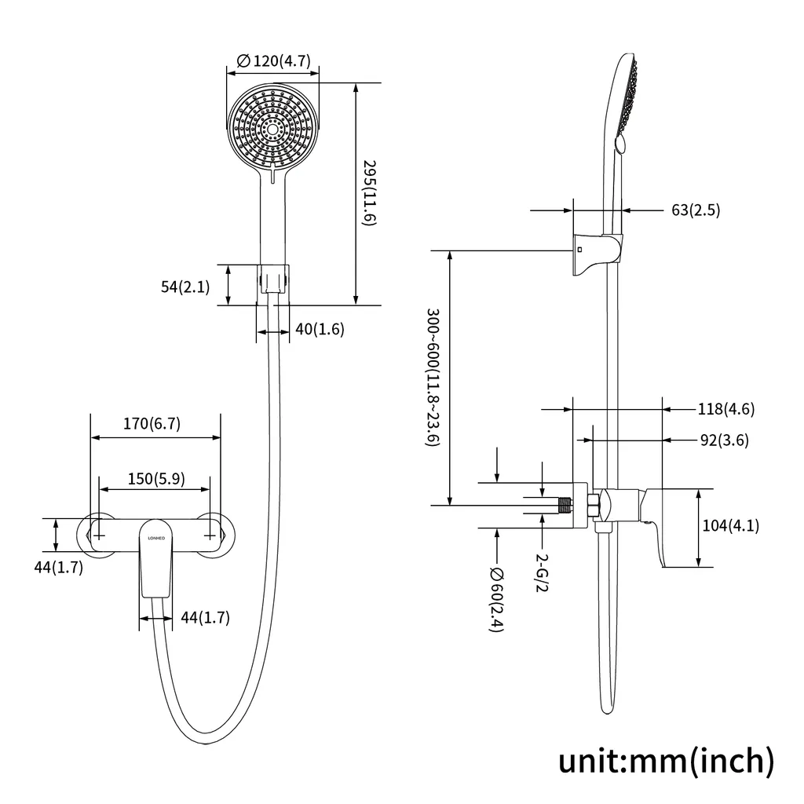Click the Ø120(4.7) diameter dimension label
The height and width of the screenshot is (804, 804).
272,60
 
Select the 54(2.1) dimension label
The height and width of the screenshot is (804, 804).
185,287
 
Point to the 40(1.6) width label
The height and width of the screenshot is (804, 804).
320,330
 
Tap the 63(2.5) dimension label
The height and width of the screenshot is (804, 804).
696,210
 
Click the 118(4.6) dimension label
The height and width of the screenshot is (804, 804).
726,408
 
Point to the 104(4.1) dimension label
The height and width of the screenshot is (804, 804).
731,526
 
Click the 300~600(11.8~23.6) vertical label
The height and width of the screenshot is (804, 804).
431,378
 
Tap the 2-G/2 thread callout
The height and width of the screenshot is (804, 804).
541,572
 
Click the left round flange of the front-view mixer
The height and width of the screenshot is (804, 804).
97,535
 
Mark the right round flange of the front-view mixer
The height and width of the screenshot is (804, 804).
212,535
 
